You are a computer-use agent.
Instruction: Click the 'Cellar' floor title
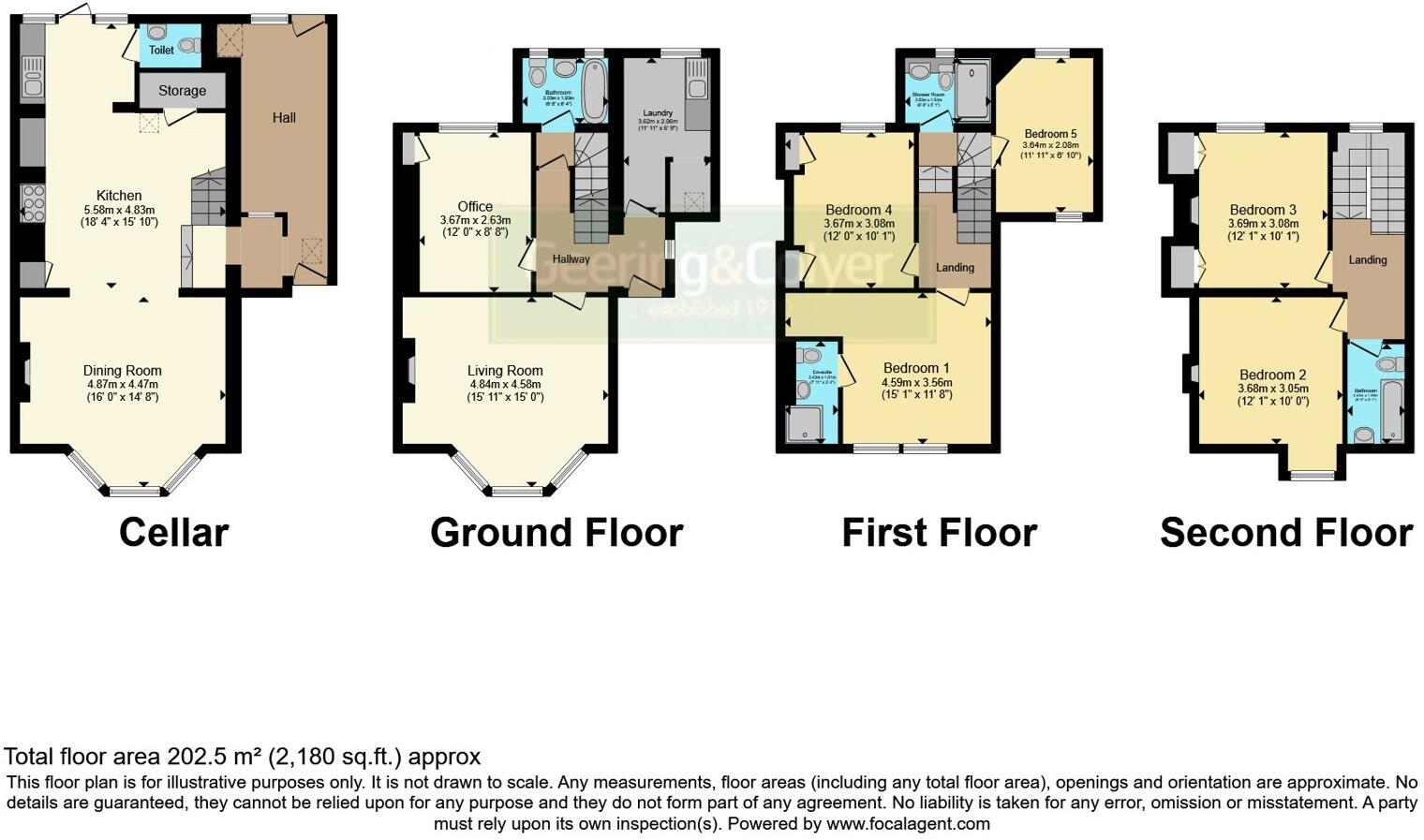[x=173, y=533]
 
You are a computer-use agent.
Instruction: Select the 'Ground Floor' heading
[x=556, y=533]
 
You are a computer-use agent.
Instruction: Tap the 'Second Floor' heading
[x=1285, y=533]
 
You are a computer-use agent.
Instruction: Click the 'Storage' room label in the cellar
[x=182, y=91]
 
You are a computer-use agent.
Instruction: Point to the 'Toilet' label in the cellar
[x=161, y=50]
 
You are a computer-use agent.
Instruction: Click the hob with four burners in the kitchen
[x=33, y=203]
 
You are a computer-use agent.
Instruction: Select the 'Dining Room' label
[x=122, y=371]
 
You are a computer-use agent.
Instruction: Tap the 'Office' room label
[x=475, y=207]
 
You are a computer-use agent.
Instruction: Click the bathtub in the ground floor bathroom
[x=593, y=91]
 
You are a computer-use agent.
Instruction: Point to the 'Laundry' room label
[x=658, y=113]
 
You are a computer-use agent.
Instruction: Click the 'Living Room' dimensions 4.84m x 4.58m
[x=505, y=384]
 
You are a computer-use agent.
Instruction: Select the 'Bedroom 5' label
[x=1050, y=134]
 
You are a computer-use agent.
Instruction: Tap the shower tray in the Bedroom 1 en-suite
[x=805, y=424]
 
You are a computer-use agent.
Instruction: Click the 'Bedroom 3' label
[x=1263, y=210]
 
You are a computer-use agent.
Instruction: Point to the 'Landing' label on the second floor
[x=1367, y=259]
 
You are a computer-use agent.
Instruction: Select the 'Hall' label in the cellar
[x=284, y=118]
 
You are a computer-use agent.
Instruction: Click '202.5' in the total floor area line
[x=195, y=757]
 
